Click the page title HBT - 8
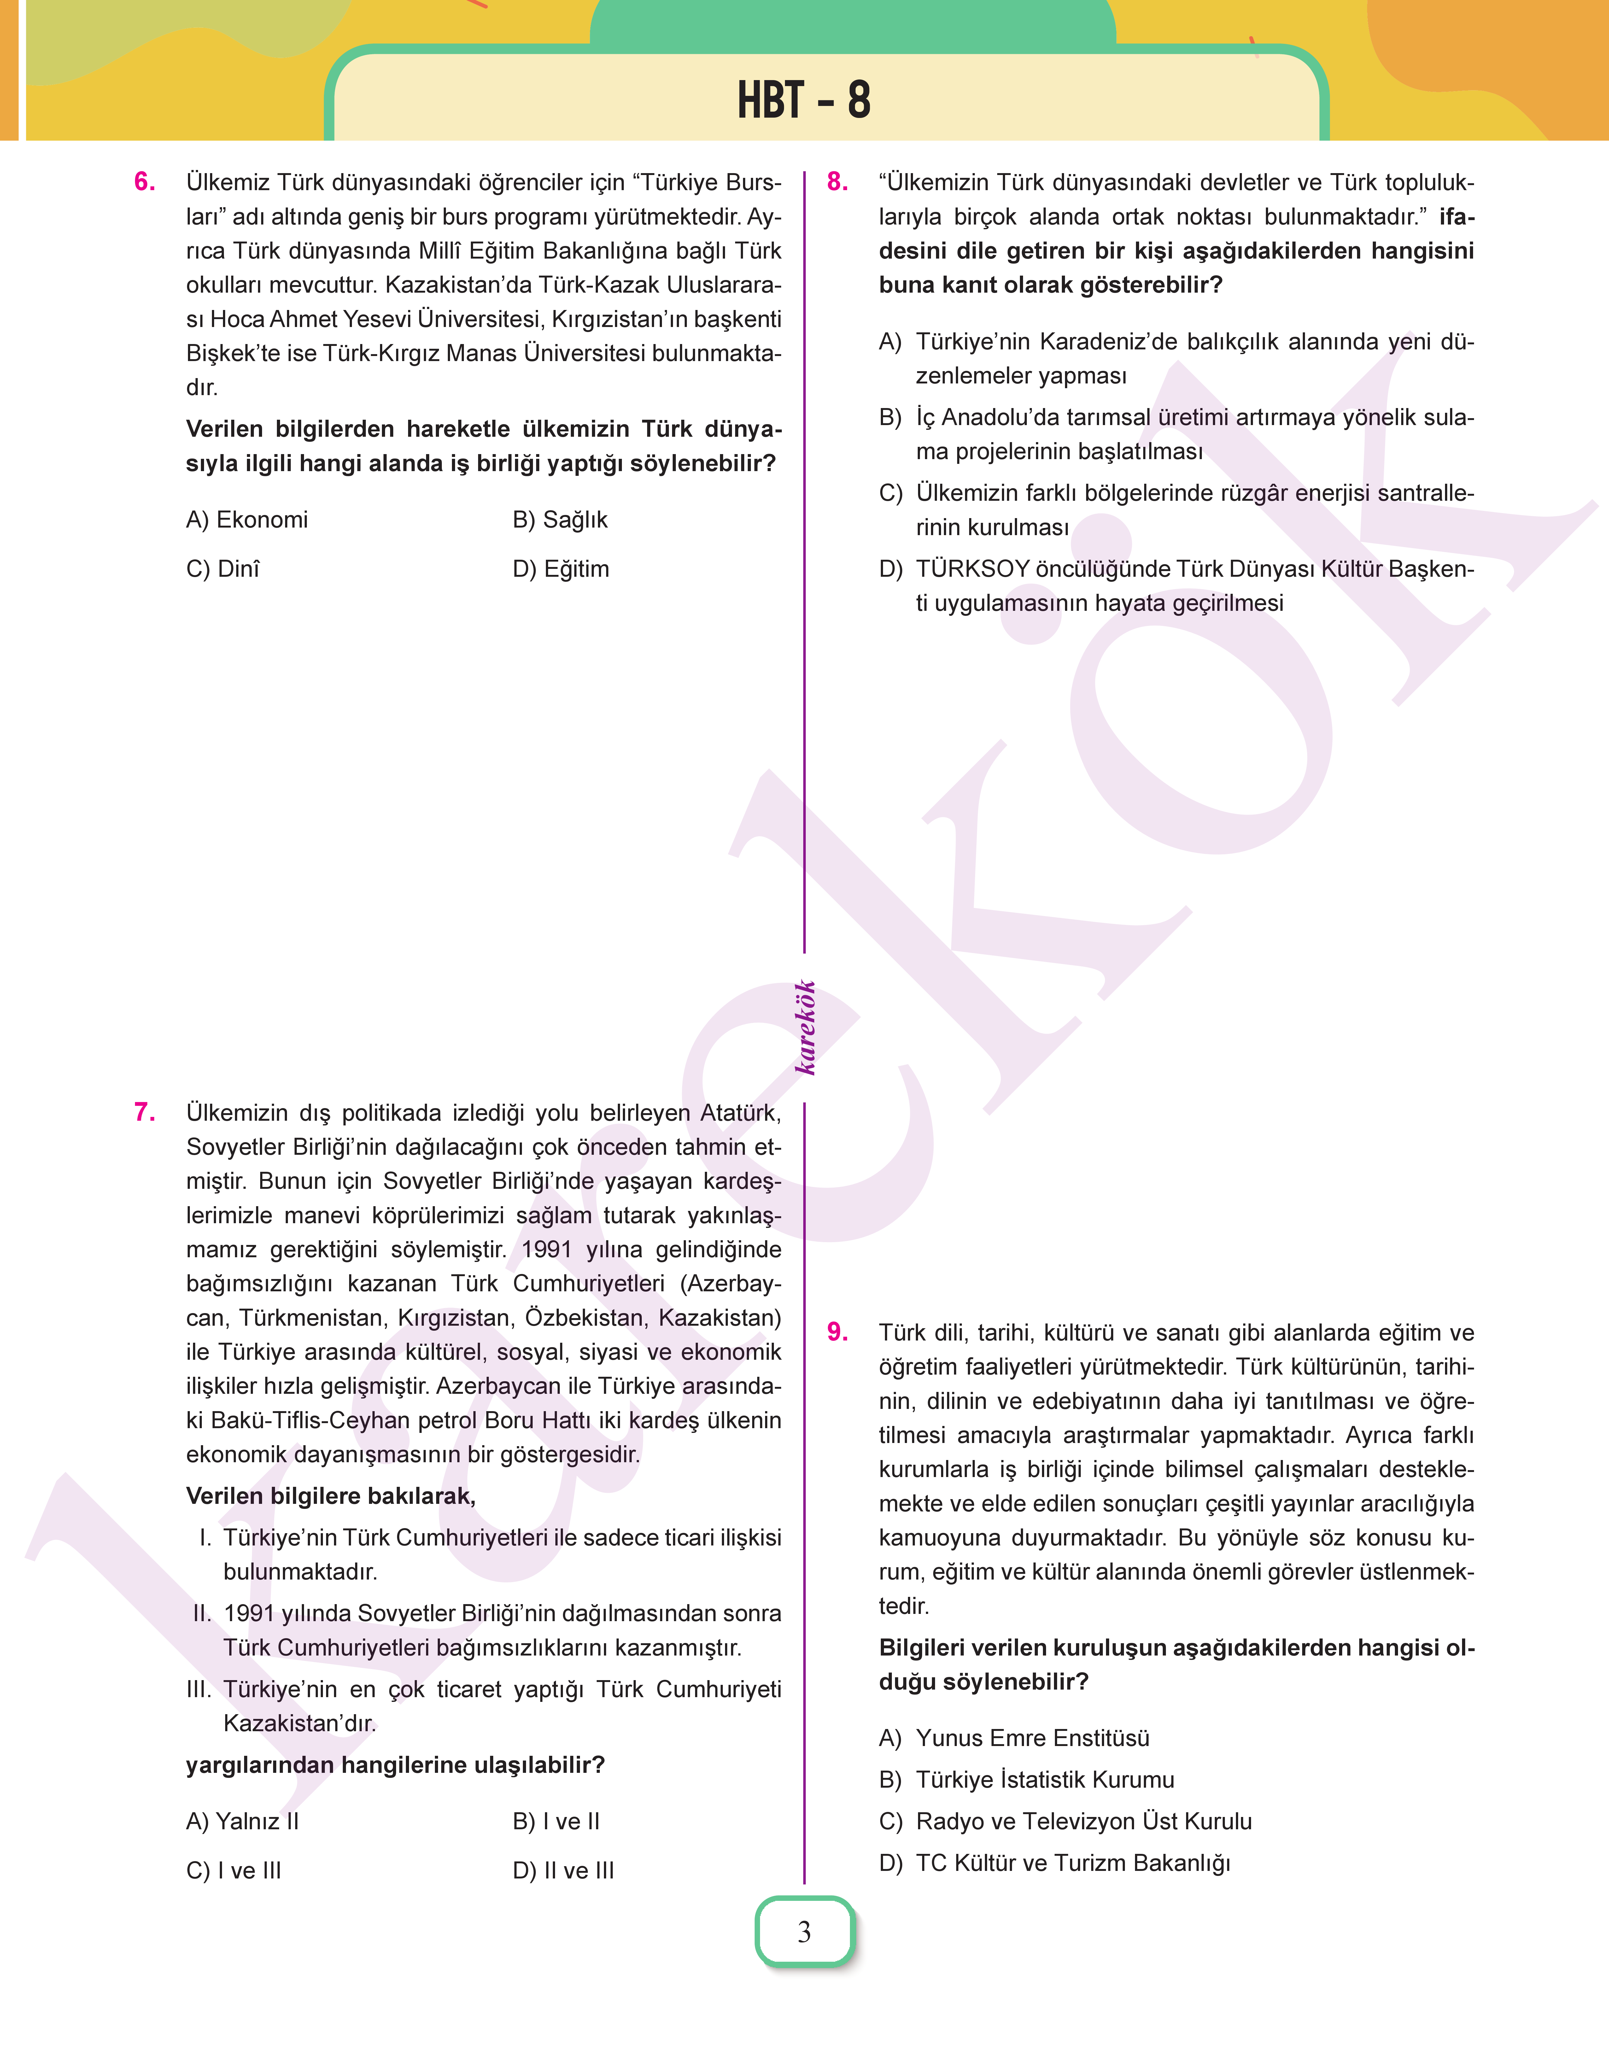[x=804, y=100]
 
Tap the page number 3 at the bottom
[x=804, y=1932]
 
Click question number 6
[x=144, y=182]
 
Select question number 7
[x=144, y=1112]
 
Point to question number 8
[x=837, y=182]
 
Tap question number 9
[x=837, y=1332]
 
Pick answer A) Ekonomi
[x=247, y=520]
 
